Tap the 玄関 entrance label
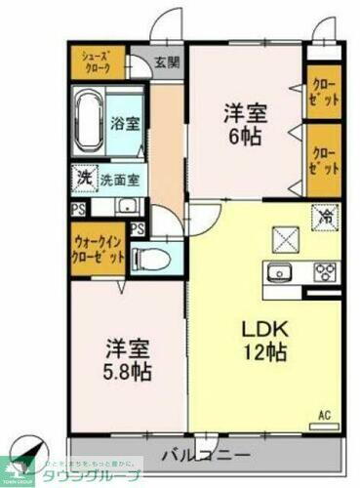pyautogui.click(x=167, y=63)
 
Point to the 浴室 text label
pyautogui.click(x=123, y=124)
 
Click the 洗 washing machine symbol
pyautogui.click(x=84, y=180)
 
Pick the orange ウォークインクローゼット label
pyautogui.click(x=98, y=251)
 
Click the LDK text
pyautogui.click(x=262, y=327)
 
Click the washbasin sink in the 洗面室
pyautogui.click(x=127, y=206)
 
